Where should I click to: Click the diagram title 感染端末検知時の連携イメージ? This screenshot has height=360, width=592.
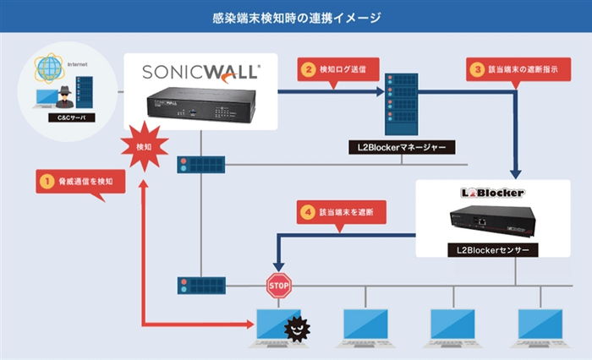coord(296,16)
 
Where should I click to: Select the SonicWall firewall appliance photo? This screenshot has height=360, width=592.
coord(200,104)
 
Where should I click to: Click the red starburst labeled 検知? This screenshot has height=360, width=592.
coord(141,145)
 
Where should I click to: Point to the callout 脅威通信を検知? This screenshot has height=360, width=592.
coord(80,180)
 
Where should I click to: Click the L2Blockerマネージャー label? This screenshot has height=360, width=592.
coord(402,147)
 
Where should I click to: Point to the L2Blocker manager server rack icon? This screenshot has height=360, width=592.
coord(401,103)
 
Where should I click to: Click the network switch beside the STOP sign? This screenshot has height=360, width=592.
coord(200,286)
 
